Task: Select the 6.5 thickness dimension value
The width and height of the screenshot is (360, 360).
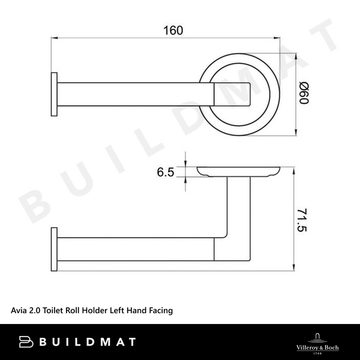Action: click(x=166, y=173)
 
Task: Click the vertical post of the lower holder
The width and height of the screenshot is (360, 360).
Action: click(x=238, y=207)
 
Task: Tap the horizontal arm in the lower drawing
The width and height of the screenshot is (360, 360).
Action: click(x=138, y=249)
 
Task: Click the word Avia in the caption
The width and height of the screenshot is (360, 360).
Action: click(x=20, y=310)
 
